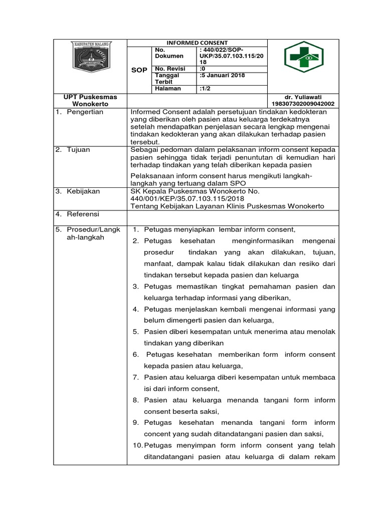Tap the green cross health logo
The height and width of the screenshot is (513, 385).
pyautogui.click(x=304, y=57)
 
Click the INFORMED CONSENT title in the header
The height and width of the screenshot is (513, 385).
pyautogui.click(x=197, y=43)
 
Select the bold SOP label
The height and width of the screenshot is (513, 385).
pyautogui.click(x=139, y=71)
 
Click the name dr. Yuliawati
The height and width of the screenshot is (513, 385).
pyautogui.click(x=302, y=97)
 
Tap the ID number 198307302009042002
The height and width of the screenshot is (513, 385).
pyautogui.click(x=302, y=104)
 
